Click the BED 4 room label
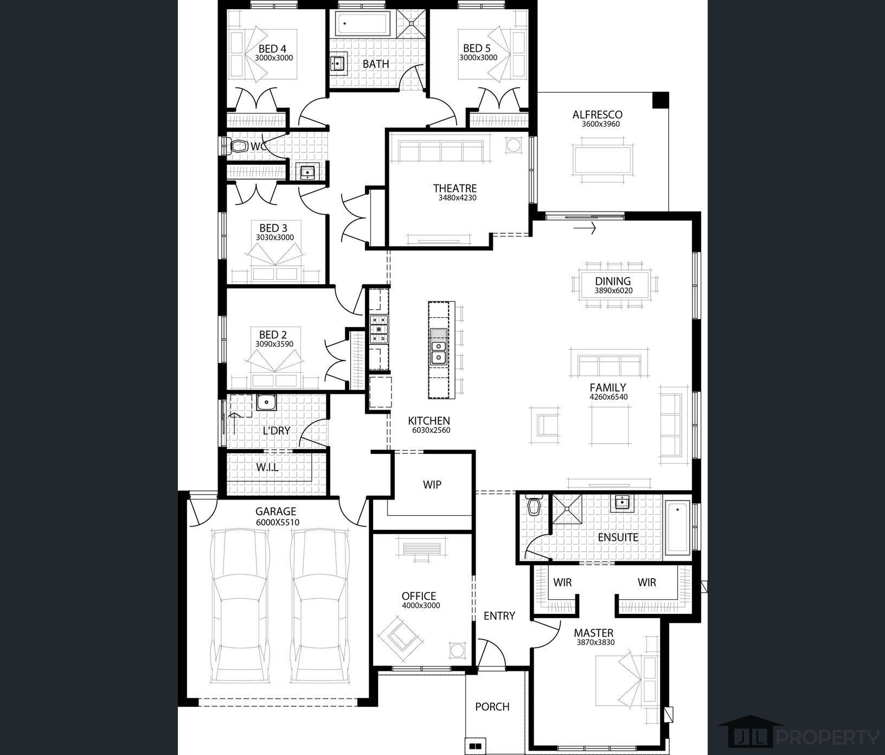pos(272,49)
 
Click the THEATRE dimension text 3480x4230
pos(457,198)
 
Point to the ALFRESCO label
pos(597,114)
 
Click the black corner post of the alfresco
pos(660,100)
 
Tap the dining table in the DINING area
pos(613,284)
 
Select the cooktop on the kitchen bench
pos(379,329)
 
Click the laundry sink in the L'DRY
pos(266,402)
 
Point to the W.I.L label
pos(267,467)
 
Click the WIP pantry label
pos(432,484)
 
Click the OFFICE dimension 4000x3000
pos(421,606)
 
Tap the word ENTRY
pos(499,616)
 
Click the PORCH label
pos(492,707)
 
